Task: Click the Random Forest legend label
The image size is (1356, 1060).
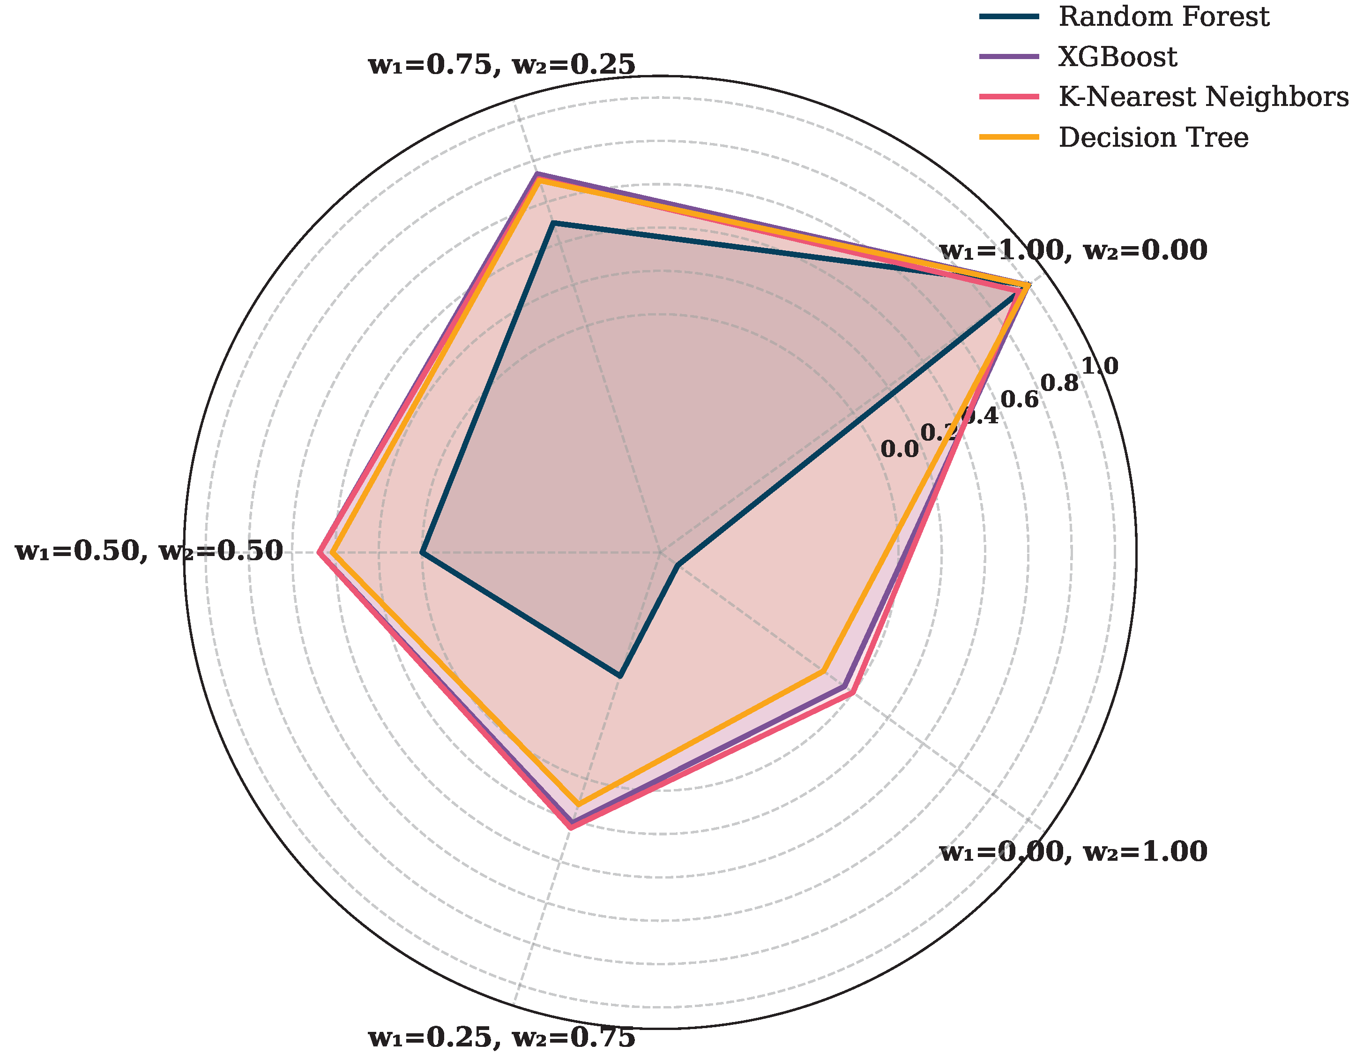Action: (1163, 17)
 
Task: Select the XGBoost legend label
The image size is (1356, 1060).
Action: (1117, 57)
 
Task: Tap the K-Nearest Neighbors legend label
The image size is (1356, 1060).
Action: (1203, 97)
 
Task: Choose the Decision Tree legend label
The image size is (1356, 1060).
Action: (1153, 137)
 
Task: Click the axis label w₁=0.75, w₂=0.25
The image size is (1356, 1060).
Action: (502, 65)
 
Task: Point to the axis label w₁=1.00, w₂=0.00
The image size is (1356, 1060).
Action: (1073, 250)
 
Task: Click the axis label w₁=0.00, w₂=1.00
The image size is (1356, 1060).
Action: (1073, 851)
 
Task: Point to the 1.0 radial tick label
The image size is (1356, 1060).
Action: (1100, 367)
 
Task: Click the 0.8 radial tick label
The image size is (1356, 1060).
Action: (1060, 383)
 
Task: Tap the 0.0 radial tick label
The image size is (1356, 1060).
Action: (900, 449)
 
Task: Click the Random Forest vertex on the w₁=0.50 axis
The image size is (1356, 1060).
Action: (422, 552)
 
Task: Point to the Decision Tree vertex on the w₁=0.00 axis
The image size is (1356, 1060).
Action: (823, 672)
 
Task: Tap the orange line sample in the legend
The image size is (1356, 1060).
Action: (1009, 137)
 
